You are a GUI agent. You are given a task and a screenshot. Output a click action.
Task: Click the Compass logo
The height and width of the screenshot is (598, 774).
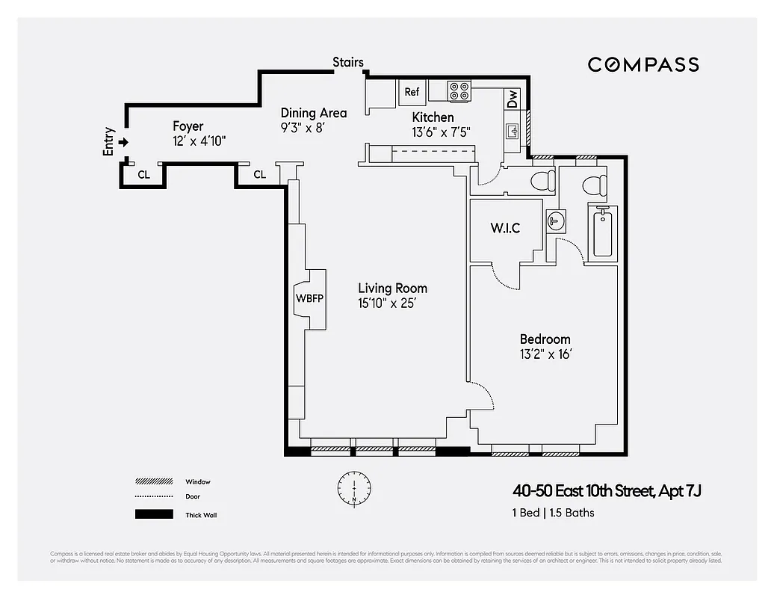coord(643,65)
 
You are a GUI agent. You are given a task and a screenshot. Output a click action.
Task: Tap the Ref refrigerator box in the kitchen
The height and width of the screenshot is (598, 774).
coord(412,92)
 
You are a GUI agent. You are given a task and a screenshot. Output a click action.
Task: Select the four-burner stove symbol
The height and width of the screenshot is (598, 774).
coord(459,91)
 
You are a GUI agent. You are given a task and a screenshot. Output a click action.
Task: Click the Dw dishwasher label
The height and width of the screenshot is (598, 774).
coord(513,99)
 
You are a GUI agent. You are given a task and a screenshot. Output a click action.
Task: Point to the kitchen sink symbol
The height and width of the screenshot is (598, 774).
coord(513,132)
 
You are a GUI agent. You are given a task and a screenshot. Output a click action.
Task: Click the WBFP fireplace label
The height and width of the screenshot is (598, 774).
coord(309,298)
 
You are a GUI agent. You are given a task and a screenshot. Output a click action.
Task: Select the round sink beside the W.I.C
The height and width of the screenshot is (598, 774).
coord(556,221)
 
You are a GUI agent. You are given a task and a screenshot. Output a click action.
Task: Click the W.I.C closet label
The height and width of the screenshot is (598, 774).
coord(505,228)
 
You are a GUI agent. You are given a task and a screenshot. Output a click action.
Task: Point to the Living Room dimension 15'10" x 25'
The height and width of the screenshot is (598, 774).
coord(392,303)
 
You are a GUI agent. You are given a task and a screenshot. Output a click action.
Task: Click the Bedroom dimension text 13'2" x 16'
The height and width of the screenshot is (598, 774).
coord(545,354)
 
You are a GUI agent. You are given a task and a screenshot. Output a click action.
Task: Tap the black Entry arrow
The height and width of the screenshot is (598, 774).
coord(124,142)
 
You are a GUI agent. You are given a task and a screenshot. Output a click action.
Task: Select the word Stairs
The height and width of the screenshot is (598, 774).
coord(348,62)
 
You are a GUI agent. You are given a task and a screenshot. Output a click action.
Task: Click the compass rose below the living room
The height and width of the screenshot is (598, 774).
coord(354,487)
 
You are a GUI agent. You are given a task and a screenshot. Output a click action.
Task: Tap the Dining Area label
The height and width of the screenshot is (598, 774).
coord(313,113)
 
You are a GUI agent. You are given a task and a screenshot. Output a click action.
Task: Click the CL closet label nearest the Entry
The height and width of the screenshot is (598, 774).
coord(144,174)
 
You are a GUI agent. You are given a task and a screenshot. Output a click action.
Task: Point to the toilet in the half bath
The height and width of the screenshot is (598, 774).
coord(542,180)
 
